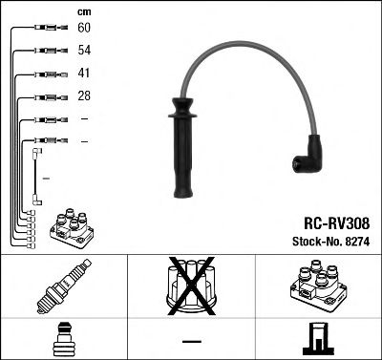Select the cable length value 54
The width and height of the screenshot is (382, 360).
[x=84, y=52]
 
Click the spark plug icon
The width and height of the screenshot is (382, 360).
[x=63, y=287]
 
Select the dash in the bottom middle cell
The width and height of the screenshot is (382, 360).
[x=191, y=341]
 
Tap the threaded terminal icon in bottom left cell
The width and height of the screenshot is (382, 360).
[x=63, y=340]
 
